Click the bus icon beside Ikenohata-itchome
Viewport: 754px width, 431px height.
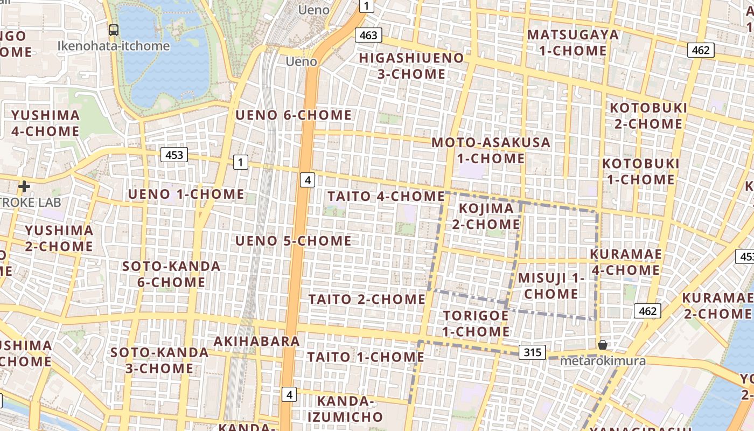114,30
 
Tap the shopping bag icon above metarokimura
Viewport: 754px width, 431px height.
603,344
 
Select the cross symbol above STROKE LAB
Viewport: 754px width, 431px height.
24,186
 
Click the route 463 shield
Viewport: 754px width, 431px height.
368,36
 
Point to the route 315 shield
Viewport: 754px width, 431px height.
532,352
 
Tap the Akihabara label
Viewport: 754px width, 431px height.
256,341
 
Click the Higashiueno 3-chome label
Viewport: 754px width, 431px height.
411,66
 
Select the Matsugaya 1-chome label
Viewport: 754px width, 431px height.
573,43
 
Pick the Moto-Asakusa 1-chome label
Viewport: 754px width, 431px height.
491,150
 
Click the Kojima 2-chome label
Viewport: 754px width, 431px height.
486,216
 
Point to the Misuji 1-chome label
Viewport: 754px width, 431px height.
551,286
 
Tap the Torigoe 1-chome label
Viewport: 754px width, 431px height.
476,323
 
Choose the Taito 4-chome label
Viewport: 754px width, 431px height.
386,196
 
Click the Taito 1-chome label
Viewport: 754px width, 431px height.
366,357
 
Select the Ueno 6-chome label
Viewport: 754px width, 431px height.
294,115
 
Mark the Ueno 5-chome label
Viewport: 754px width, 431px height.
294,240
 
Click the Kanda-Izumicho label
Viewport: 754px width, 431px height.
345,409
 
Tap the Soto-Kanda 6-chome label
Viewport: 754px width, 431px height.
171,274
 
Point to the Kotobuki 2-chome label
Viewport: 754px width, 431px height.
648,116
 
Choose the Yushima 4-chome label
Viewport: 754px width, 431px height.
45,123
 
